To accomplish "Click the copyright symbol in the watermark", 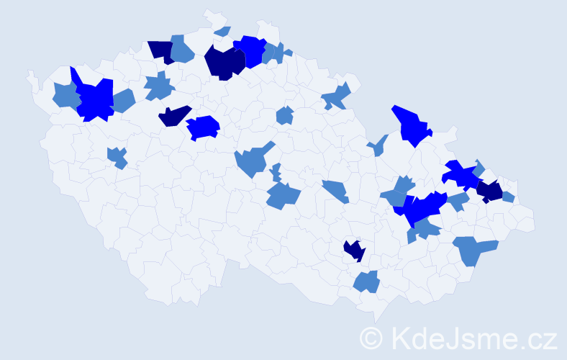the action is (371, 337).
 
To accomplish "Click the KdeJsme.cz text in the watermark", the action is (472, 337).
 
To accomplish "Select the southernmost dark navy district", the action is (353, 250).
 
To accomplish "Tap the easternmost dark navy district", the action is (491, 192).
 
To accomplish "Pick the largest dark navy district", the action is (223, 63).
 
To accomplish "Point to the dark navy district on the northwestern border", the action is (162, 51).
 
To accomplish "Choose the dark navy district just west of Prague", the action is (174, 115).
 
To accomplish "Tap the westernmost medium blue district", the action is (65, 94).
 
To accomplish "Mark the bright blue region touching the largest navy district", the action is (251, 50).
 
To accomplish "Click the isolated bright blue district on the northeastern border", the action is (410, 125).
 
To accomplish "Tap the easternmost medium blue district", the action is (508, 197).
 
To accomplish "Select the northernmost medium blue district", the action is (222, 31).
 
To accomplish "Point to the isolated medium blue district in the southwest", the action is (117, 157).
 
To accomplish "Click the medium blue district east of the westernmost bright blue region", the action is (123, 101).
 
